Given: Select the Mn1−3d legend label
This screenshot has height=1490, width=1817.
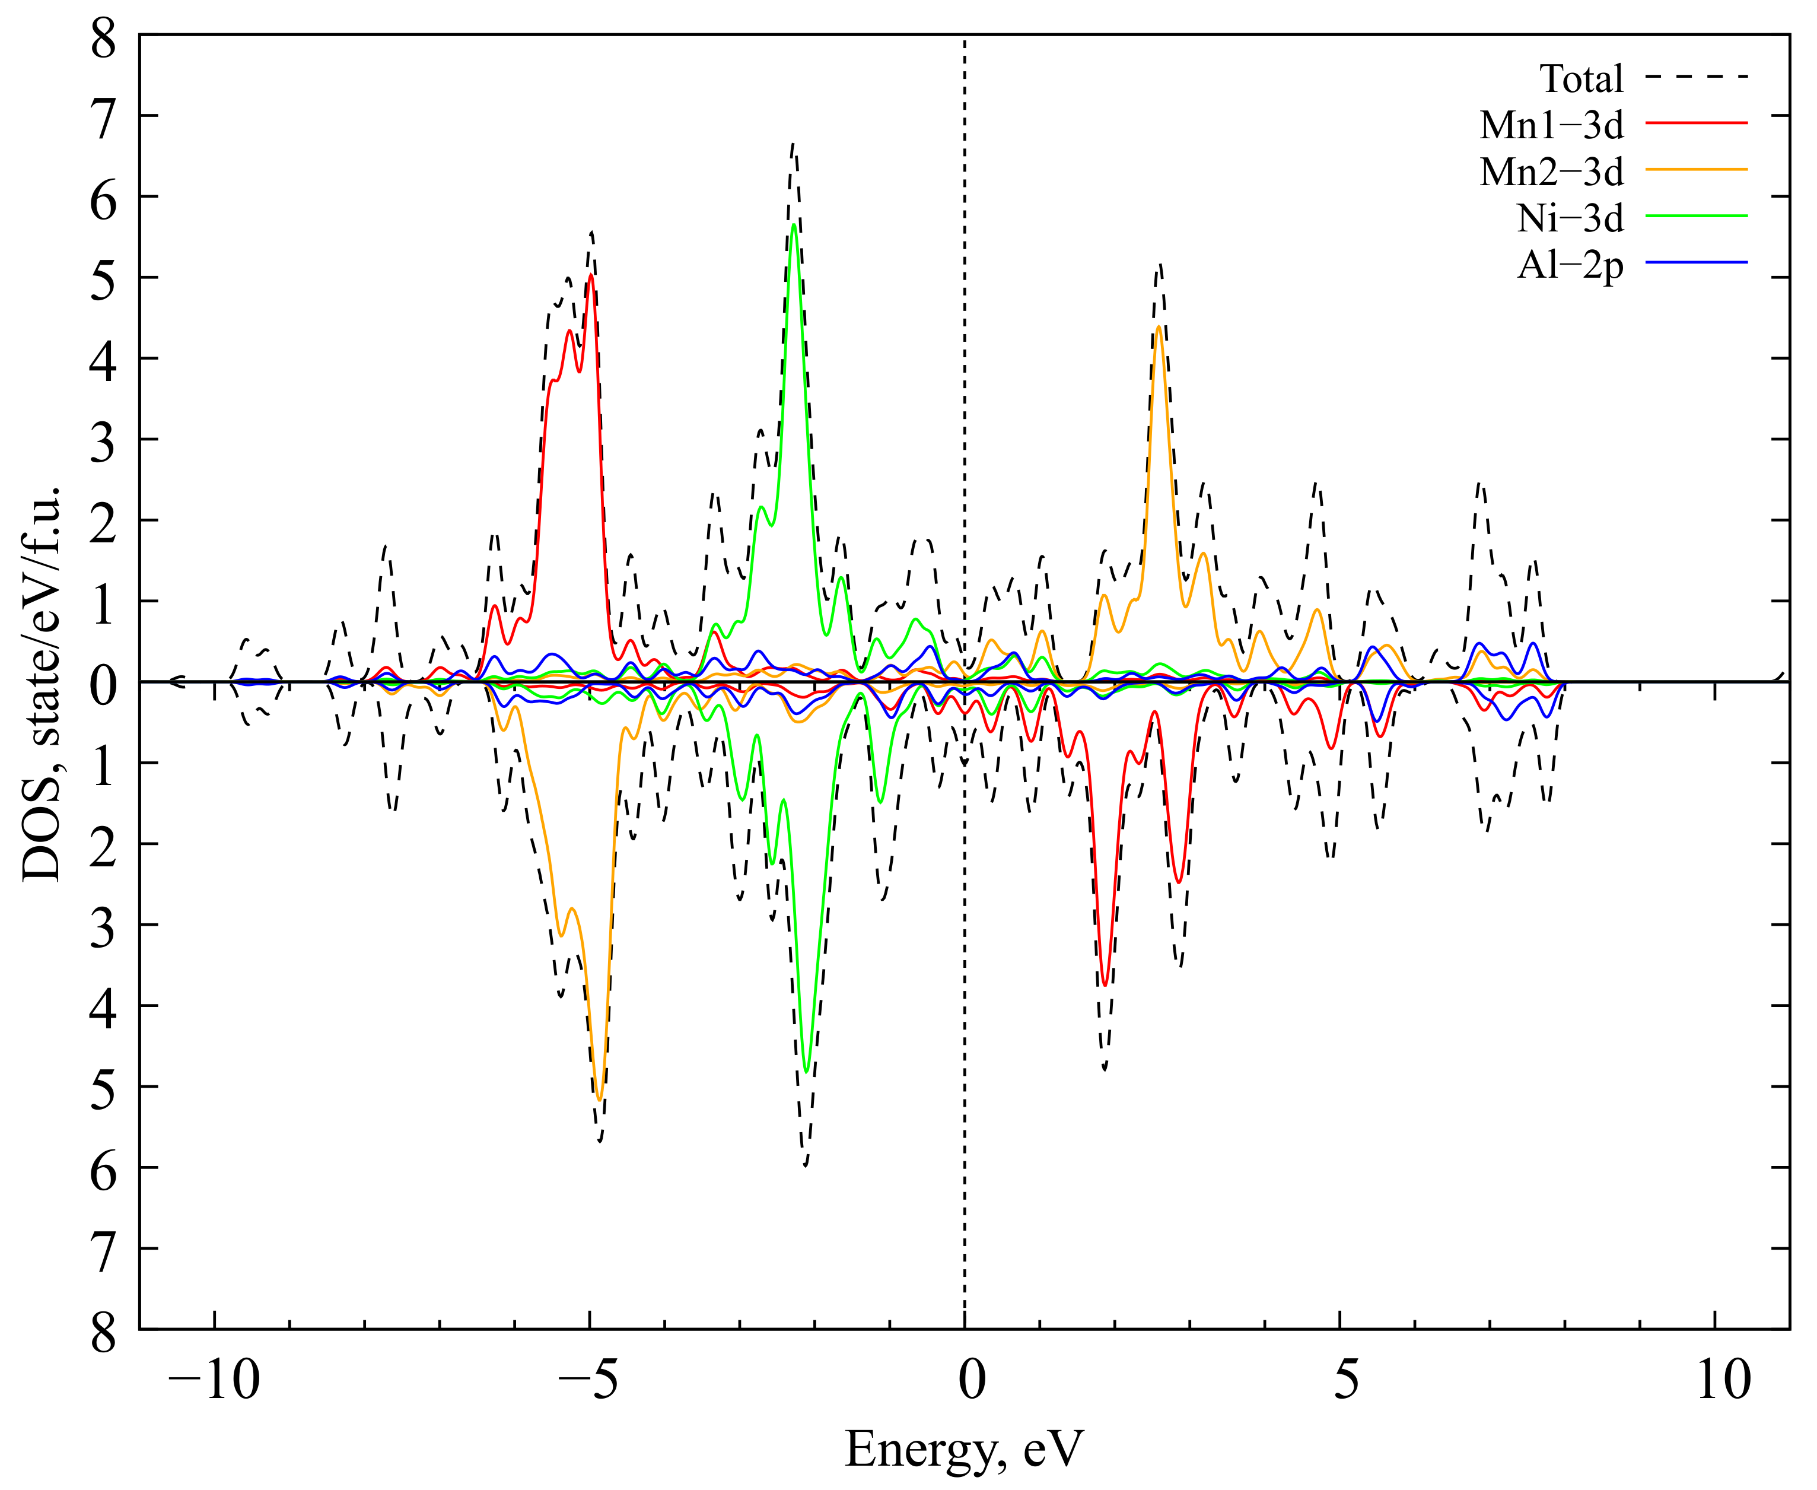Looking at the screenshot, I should point(1551,126).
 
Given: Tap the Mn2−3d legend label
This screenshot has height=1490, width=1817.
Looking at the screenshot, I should point(1551,173).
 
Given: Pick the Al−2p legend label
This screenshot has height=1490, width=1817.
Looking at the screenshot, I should point(1570,266).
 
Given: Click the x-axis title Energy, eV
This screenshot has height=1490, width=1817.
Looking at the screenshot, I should point(965,1450).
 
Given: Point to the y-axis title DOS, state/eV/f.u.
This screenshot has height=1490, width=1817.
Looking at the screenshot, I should point(41,682).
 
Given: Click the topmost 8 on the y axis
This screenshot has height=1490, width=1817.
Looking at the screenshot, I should point(104,39).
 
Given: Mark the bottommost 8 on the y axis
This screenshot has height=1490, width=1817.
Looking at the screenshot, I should point(104,1333).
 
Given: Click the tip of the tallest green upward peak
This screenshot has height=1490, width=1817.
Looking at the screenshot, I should point(794,224).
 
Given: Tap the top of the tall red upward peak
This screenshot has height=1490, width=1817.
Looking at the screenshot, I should point(591,275).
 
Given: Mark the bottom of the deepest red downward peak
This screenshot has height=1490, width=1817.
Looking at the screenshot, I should point(1105,985).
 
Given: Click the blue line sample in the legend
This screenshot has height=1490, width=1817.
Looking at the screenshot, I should point(1696,262).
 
